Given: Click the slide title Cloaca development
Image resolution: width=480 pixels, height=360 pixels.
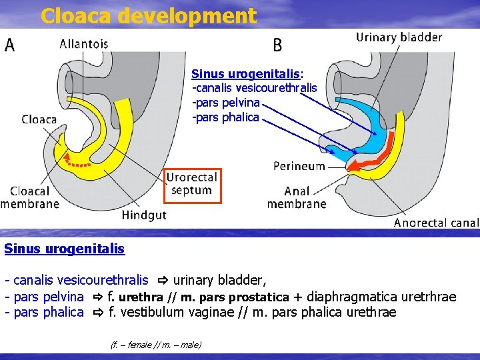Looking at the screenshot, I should point(148,15).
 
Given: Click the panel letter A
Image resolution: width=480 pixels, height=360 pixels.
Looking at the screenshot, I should point(11,45).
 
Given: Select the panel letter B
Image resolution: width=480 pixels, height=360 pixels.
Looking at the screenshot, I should point(278,45).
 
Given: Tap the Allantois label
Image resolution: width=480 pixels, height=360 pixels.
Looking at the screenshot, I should point(84,44).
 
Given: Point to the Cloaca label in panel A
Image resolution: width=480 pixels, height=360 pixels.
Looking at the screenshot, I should point(39,120).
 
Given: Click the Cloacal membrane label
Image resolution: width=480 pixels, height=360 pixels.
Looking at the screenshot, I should point(30,197).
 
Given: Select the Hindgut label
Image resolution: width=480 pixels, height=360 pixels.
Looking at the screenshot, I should point(144,215).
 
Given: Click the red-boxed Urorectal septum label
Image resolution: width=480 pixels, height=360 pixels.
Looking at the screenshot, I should point(191,184).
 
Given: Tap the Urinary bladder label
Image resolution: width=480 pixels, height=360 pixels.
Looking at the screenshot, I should point(399,37).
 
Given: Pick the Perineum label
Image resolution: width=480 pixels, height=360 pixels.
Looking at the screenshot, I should point(299,166).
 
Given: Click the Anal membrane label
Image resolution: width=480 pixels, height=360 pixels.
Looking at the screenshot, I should point(297,197).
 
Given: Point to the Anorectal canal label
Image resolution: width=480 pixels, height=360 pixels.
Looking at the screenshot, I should point(436,223).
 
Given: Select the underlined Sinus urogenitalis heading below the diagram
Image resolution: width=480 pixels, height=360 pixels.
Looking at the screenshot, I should point(64,249).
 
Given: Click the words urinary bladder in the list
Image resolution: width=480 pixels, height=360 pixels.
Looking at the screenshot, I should point(219,281).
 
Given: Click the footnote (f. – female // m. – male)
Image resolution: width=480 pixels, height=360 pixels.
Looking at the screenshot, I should point(155,345).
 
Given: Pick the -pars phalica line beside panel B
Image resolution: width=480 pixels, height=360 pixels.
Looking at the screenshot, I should point(225,117).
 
